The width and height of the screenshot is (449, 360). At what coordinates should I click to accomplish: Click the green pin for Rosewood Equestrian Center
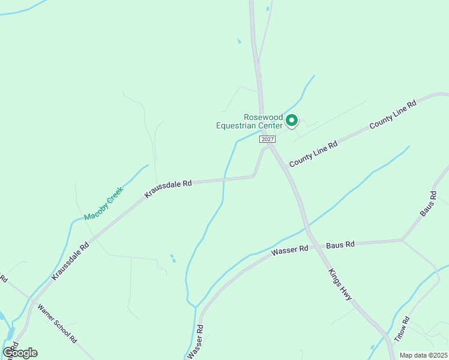291,121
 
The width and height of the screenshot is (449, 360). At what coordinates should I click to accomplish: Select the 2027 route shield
268,139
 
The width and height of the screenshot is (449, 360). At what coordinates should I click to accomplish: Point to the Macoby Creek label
103,203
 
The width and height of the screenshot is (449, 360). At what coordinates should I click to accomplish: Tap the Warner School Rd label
57,323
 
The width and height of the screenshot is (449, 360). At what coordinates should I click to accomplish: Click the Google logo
20,352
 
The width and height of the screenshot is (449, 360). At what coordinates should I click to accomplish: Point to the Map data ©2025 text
423,355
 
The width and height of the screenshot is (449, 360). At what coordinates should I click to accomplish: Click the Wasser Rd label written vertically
196,342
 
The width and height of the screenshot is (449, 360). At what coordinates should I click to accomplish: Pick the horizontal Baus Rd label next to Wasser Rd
340,244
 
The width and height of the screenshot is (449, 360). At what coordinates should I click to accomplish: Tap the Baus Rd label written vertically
427,204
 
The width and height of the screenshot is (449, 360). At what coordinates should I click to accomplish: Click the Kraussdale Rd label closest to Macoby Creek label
167,188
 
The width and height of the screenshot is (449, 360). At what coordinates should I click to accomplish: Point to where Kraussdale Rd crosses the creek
224,179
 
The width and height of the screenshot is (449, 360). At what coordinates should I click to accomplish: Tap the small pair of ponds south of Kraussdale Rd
173,258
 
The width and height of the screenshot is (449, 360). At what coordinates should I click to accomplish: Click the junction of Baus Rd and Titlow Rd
402,241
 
